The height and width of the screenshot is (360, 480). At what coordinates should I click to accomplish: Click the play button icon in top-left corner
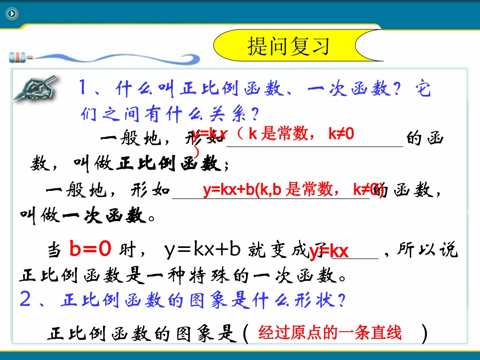pyautogui.click(x=12, y=14)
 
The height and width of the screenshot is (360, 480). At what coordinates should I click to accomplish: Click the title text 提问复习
pyautogui.click(x=289, y=45)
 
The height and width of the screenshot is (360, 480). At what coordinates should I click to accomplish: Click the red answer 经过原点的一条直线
pyautogui.click(x=329, y=333)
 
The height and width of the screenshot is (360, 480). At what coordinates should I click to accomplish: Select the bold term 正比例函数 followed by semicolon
pyautogui.click(x=168, y=164)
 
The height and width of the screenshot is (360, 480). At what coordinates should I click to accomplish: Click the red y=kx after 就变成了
pyautogui.click(x=329, y=251)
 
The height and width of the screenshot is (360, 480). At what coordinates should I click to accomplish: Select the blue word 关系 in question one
pyautogui.click(x=229, y=115)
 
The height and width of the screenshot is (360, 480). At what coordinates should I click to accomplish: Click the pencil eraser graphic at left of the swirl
pyautogui.click(x=17, y=56)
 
